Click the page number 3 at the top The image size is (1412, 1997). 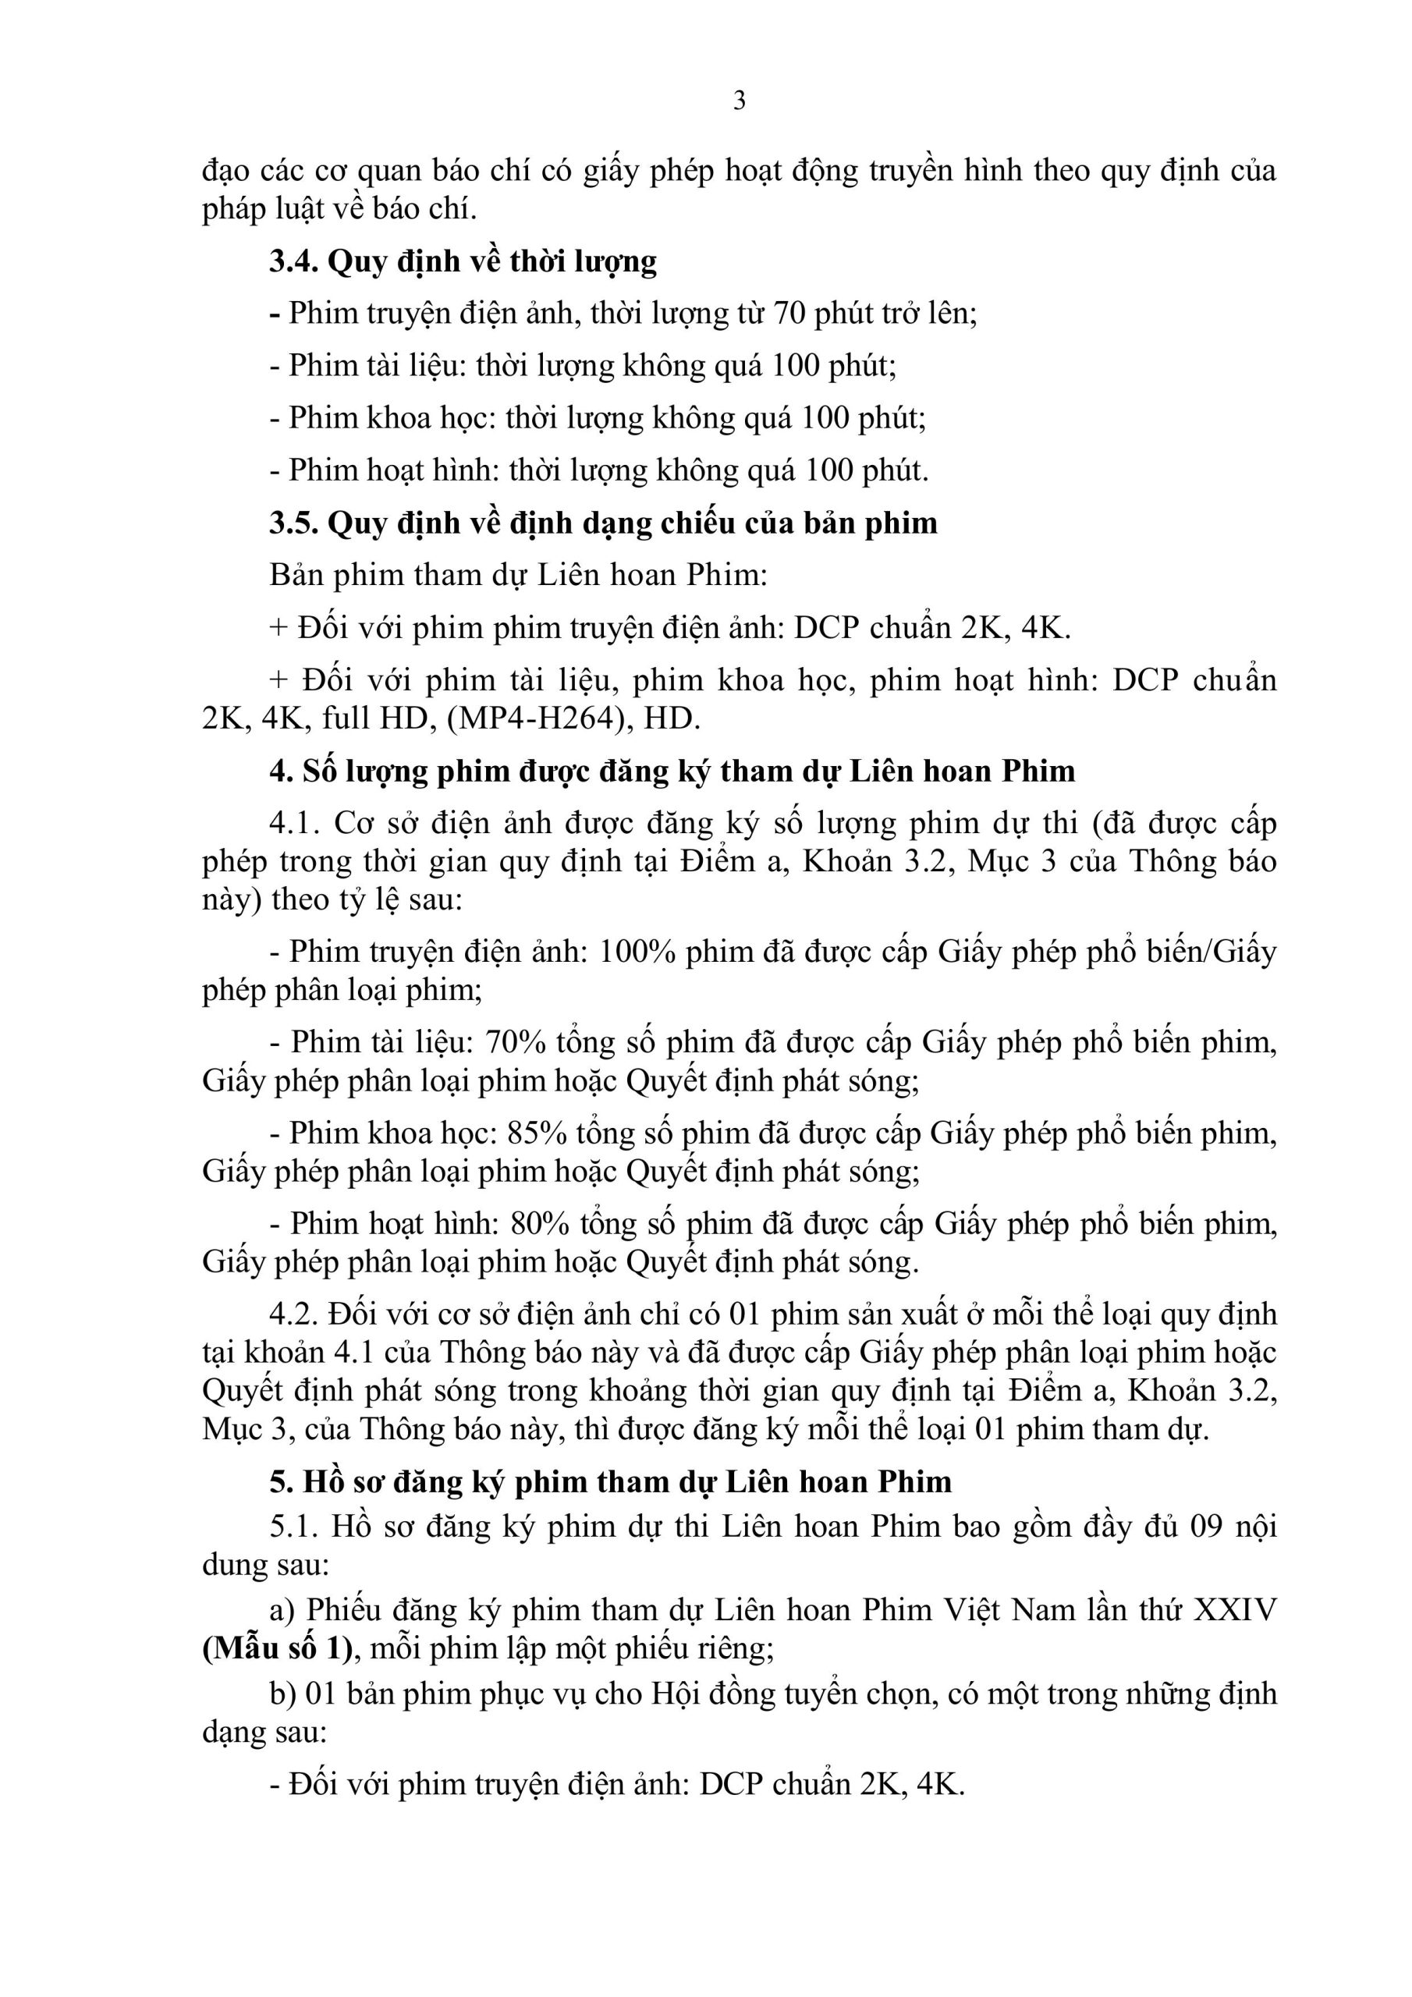pyautogui.click(x=739, y=101)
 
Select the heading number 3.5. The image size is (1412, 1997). pyautogui.click(x=293, y=523)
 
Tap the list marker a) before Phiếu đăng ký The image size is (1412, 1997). pyautogui.click(x=282, y=1610)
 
